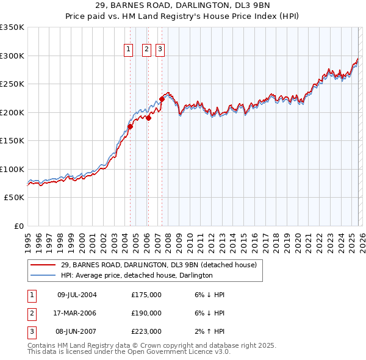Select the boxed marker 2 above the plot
(x=147, y=50)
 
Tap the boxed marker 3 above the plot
(x=160, y=50)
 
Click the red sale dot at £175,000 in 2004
(x=130, y=127)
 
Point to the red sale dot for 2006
(x=148, y=118)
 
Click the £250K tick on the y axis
(x=12, y=84)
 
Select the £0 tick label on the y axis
(x=18, y=226)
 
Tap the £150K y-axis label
(x=12, y=141)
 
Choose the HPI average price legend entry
(x=137, y=275)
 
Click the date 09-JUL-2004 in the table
(x=77, y=295)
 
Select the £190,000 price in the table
(x=146, y=313)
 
